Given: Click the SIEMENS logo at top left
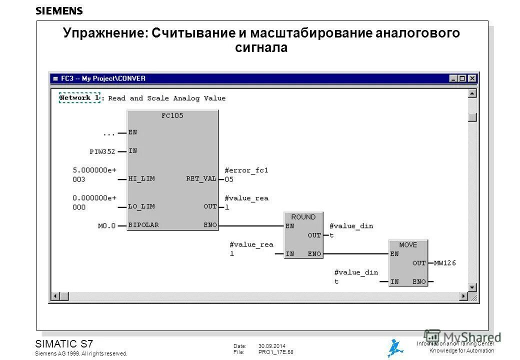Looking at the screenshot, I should pos(59,10).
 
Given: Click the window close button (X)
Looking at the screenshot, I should pos(472,78).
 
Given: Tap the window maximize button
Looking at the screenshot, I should pos(462,78).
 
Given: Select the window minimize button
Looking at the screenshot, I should pos(453,78).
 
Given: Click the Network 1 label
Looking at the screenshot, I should pos(79,98).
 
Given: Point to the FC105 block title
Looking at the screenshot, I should pos(172,115).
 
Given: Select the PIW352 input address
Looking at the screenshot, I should pos(102,151).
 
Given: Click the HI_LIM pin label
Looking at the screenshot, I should pos(141,178).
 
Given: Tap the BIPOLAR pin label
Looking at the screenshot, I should pos(144,225).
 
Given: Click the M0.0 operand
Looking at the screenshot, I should pos(106,225).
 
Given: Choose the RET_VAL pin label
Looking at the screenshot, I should pos(201,178).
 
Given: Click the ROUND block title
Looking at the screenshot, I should pos(303,217).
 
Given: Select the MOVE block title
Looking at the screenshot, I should pos(407,245).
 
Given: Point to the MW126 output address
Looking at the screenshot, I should pos(444,263).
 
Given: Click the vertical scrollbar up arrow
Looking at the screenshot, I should pos(472,93).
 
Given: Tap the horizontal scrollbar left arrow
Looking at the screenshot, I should pos(56,295).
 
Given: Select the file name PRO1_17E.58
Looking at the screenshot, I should pos(275,352).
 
